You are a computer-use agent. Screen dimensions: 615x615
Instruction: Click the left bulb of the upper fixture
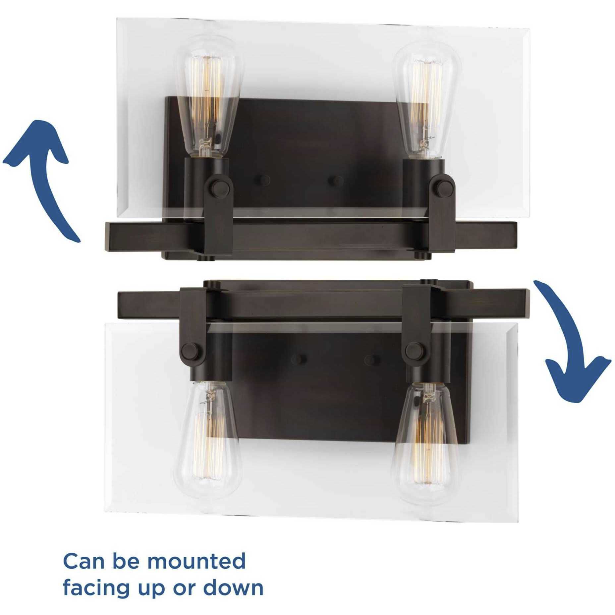(x=208, y=99)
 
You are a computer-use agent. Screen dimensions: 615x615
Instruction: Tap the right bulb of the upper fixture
(x=423, y=103)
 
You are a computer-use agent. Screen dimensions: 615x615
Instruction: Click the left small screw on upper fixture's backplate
(x=262, y=180)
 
